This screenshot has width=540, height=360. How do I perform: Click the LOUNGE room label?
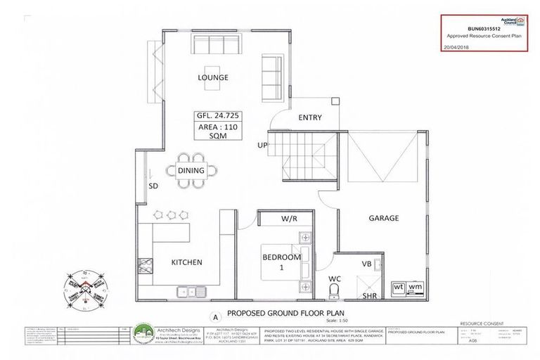(x=214, y=77)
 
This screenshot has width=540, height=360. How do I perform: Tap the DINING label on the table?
(x=191, y=171)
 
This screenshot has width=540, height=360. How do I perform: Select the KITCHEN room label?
(x=186, y=262)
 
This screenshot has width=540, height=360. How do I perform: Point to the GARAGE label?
(x=383, y=218)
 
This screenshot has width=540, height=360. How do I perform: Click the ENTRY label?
(x=310, y=117)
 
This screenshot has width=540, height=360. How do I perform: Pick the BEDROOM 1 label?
(x=282, y=262)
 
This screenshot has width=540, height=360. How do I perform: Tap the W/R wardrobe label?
(x=290, y=219)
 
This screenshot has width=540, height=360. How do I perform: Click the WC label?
(x=335, y=279)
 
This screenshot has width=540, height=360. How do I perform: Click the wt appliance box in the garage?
(x=398, y=287)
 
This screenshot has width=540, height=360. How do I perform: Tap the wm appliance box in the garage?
(x=415, y=287)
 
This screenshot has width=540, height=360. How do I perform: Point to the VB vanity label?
(x=366, y=264)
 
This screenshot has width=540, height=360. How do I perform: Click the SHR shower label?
(x=369, y=296)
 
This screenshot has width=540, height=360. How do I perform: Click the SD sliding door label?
(x=153, y=186)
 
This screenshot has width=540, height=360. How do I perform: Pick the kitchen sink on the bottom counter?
(x=190, y=288)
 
